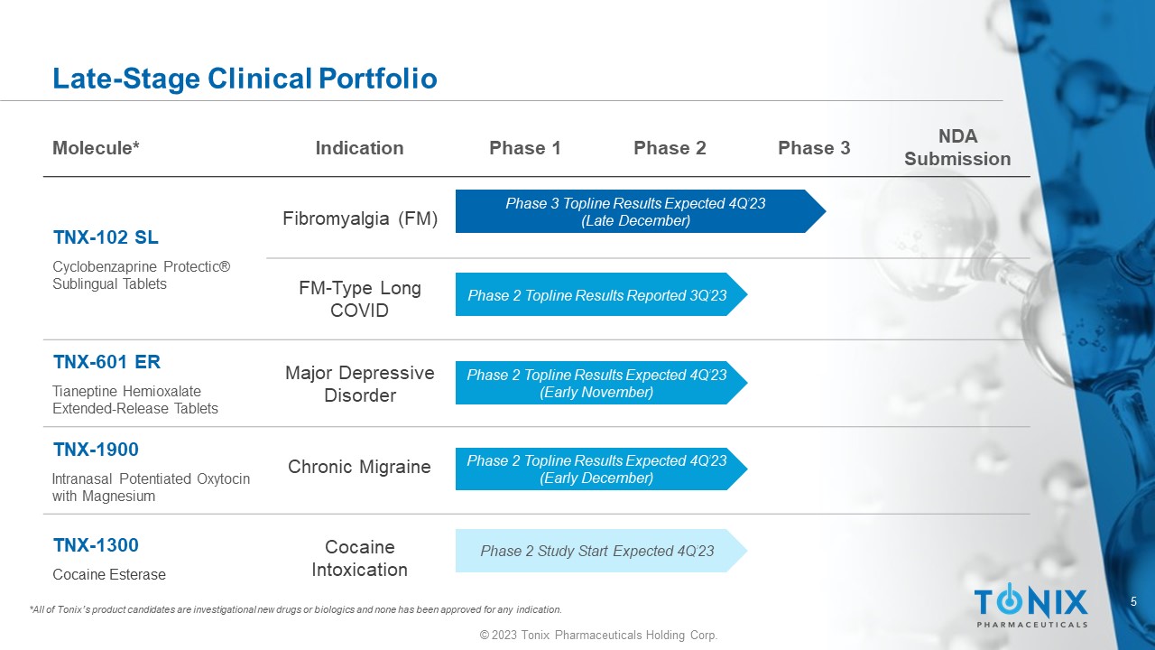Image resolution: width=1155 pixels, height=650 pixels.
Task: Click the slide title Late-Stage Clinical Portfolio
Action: tap(245, 79)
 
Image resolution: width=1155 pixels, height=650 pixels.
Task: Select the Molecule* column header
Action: tap(96, 148)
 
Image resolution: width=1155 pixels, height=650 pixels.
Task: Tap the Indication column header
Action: tap(359, 148)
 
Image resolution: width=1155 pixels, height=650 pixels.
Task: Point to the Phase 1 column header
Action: tap(525, 148)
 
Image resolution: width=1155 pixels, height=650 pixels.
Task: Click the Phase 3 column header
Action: tap(814, 148)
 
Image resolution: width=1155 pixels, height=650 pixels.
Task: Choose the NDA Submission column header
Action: tap(957, 147)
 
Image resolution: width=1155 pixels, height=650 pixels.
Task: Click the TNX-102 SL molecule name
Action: tap(106, 237)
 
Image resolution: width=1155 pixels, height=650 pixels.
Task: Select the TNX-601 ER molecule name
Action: tap(106, 362)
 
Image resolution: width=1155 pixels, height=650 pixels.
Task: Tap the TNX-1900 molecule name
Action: tap(96, 450)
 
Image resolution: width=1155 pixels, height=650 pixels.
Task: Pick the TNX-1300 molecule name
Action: tap(96, 545)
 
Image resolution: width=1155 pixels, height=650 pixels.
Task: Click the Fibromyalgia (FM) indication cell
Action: tap(360, 218)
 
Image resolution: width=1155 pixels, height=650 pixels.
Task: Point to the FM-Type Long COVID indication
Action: tap(360, 299)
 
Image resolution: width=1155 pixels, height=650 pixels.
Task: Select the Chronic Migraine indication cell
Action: tap(359, 467)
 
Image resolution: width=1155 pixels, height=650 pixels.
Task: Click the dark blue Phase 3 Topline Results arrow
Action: tap(641, 211)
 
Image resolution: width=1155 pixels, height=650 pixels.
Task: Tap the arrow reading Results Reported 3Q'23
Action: tap(601, 294)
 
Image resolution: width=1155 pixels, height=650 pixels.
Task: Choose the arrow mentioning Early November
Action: tap(601, 383)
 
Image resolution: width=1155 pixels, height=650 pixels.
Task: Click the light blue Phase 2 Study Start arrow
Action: tap(601, 551)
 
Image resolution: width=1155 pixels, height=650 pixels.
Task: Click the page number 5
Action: tap(1133, 601)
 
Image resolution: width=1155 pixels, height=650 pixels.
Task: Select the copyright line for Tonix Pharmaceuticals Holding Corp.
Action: tap(598, 635)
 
